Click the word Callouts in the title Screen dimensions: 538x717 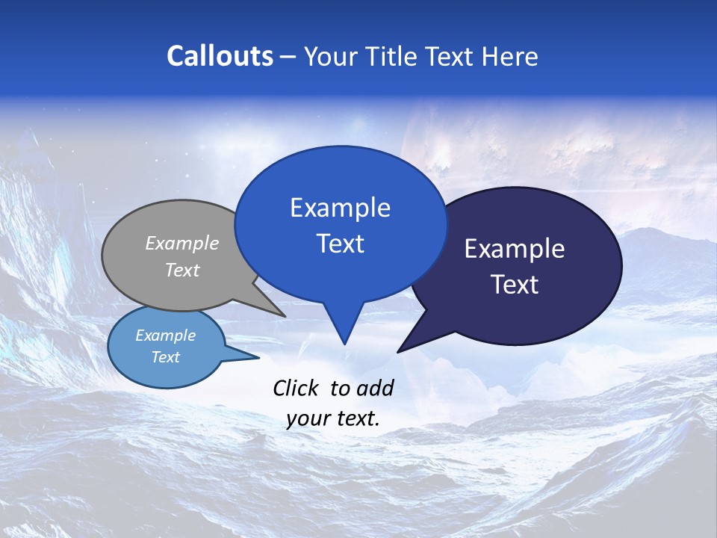click(220, 56)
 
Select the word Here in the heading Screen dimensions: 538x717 click(512, 57)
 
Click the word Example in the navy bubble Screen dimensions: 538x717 click(514, 249)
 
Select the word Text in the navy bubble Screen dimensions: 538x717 click(514, 285)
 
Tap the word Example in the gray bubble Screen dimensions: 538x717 click(182, 243)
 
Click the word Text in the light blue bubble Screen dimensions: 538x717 click(166, 357)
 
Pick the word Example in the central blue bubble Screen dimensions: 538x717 click(340, 208)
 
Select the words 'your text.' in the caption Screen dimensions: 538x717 click(333, 418)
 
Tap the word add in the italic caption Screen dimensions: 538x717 click(375, 388)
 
